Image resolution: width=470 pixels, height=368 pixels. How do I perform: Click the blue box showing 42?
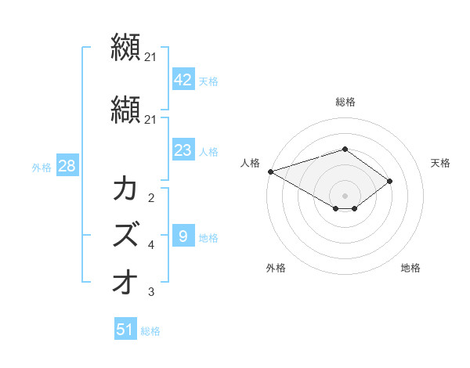pos(183,80)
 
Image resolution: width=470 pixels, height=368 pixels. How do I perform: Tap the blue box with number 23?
pos(183,150)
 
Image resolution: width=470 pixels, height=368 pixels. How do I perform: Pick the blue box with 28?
pos(66,166)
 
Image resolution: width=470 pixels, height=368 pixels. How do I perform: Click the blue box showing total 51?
pos(125,330)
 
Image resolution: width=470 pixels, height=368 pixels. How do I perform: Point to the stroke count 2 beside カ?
pos(151,198)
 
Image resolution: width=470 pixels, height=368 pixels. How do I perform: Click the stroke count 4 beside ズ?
pos(151,245)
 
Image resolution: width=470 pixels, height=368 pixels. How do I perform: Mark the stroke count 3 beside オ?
pos(151,292)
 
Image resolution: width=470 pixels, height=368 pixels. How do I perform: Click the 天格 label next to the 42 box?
pos(208,81)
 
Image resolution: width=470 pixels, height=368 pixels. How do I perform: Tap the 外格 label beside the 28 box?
pos(42,167)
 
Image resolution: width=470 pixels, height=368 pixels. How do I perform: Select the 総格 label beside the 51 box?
pos(150,331)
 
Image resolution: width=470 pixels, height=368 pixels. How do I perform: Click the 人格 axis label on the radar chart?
pos(251,163)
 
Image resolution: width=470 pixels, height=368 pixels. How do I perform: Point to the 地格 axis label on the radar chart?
pos(410,268)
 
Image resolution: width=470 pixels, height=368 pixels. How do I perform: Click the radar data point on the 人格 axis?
pos(270,171)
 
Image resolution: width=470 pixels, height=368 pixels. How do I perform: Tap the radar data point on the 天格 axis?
pos(390,181)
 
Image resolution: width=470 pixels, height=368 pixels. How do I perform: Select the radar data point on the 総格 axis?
pos(345,149)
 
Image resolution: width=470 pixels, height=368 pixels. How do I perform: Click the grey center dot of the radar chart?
pos(345,195)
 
